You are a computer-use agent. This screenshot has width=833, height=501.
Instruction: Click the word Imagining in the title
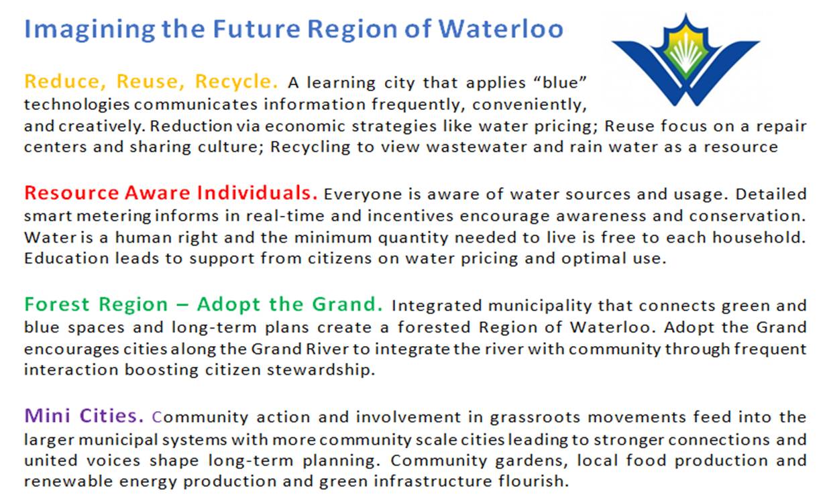coord(89,30)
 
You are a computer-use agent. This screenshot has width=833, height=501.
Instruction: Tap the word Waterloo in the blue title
coord(501,29)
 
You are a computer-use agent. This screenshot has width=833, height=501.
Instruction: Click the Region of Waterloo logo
coord(685,60)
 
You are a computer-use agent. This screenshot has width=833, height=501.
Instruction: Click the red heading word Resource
coord(71,192)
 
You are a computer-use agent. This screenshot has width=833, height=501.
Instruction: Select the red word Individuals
coord(257,192)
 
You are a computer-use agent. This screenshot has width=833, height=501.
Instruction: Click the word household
coord(759,237)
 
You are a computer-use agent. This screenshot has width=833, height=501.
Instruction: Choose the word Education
coord(66,258)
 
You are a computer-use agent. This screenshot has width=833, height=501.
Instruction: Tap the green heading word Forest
coord(57,304)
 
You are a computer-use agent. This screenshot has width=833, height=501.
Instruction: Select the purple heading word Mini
coord(47,415)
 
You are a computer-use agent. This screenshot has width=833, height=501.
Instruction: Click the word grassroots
coord(535,417)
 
